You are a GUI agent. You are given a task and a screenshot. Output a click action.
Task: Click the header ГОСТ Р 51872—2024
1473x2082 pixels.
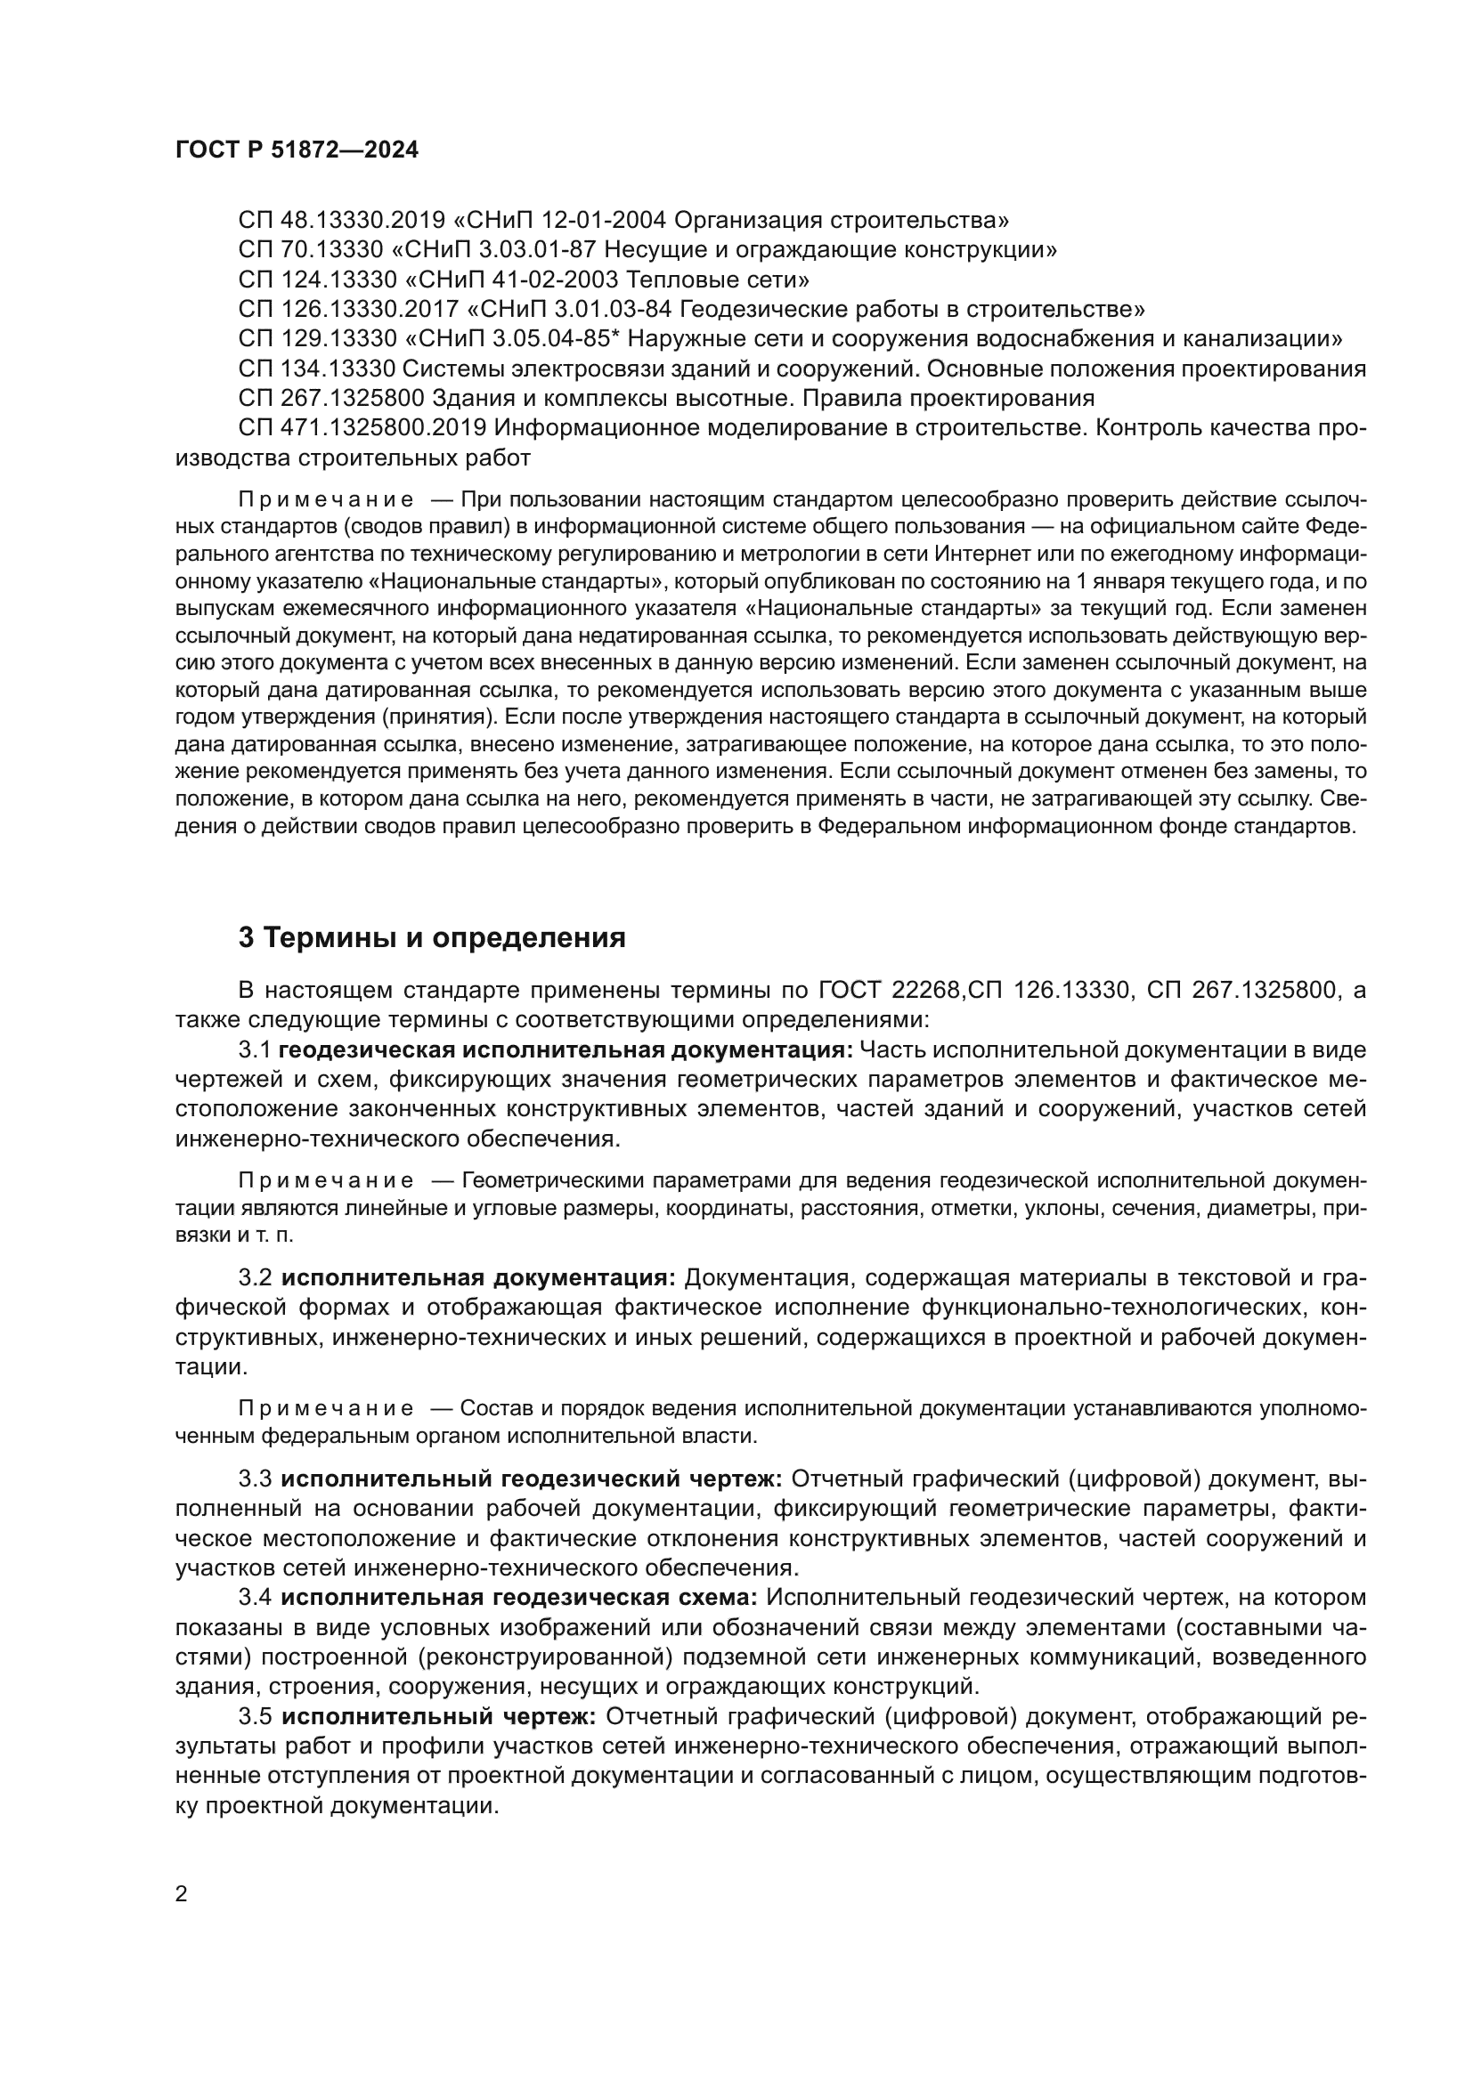[x=297, y=150]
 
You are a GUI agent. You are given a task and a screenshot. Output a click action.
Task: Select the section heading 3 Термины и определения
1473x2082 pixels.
[x=432, y=936]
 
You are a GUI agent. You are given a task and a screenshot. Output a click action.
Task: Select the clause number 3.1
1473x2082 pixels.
[x=255, y=1050]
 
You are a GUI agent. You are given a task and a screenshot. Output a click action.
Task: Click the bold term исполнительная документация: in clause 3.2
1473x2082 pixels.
[x=478, y=1277]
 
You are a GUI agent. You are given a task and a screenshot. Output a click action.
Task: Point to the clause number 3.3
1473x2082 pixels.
[x=255, y=1479]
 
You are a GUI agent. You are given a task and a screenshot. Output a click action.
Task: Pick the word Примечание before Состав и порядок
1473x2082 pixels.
[x=326, y=1408]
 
